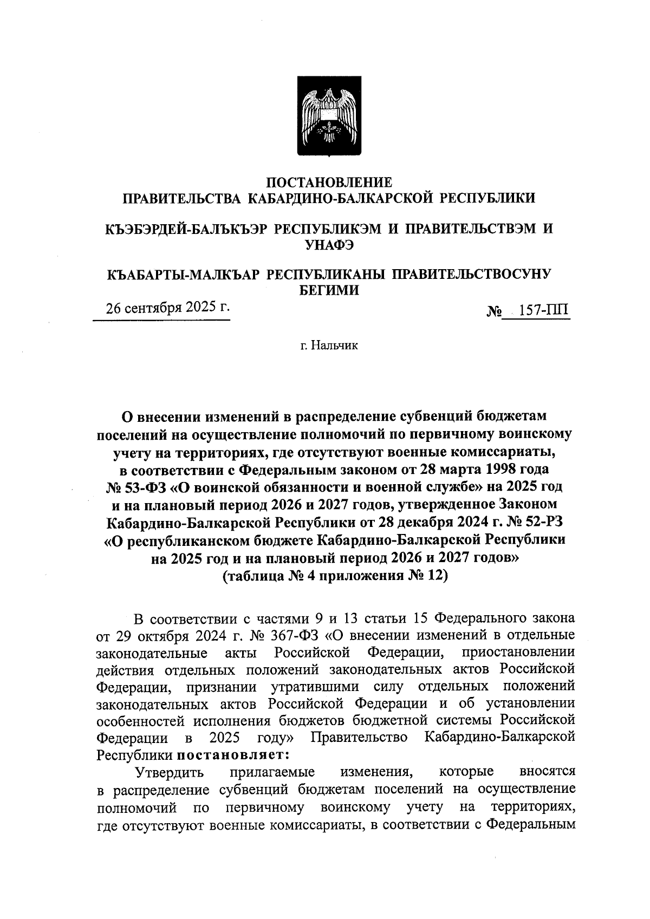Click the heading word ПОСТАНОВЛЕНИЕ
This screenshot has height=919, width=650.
click(329, 182)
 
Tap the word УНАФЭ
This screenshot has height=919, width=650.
click(329, 245)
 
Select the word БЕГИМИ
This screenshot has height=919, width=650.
click(329, 291)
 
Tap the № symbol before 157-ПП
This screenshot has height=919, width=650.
click(494, 311)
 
